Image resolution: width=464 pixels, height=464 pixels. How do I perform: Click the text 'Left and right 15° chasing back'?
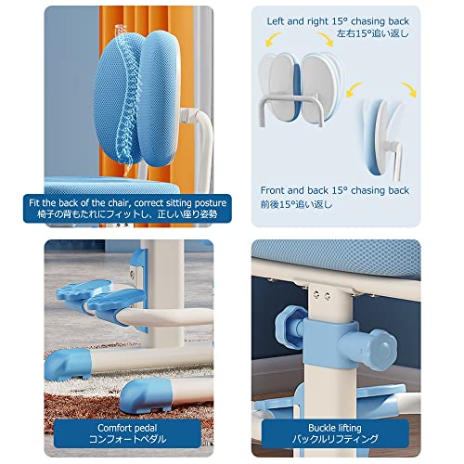point(338,21)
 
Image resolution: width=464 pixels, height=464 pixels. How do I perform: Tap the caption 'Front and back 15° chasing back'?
point(335,190)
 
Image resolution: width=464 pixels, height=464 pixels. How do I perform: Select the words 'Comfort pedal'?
point(127,428)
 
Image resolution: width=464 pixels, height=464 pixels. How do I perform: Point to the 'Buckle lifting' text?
point(335,428)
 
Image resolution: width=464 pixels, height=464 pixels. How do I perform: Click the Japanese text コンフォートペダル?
point(127,439)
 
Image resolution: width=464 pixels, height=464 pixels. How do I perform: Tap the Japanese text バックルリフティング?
point(335,439)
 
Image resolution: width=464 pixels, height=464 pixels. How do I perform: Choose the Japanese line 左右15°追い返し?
point(373,33)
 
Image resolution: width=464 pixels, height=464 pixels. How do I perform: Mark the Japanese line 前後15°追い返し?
point(296,204)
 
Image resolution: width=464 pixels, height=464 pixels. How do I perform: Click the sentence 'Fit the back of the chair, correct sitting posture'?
point(127,203)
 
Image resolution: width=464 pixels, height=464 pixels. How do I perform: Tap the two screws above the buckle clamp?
point(322,296)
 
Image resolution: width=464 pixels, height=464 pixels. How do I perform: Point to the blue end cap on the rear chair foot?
point(68,365)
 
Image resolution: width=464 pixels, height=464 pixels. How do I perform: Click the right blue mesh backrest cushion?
point(160,98)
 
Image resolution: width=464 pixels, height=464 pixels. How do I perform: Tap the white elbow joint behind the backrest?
point(189,116)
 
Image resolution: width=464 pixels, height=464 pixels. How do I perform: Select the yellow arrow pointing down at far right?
point(409,90)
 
